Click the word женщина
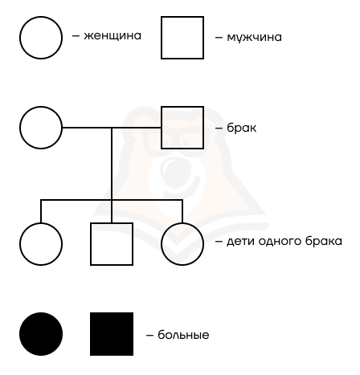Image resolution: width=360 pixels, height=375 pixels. [112, 36]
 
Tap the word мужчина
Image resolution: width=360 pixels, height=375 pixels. [254, 37]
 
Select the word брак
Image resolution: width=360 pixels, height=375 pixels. [242, 128]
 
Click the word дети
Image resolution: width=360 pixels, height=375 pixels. [241, 242]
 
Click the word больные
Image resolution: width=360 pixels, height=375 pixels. [183, 335]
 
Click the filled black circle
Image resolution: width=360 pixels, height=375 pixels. [41, 334]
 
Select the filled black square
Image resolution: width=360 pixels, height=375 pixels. [112, 334]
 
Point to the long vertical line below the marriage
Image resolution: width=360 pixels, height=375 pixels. [112, 175]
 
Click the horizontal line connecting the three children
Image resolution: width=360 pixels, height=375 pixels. [112, 200]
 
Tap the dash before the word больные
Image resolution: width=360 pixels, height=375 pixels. [149, 335]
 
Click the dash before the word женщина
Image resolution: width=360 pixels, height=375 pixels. [76, 36]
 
